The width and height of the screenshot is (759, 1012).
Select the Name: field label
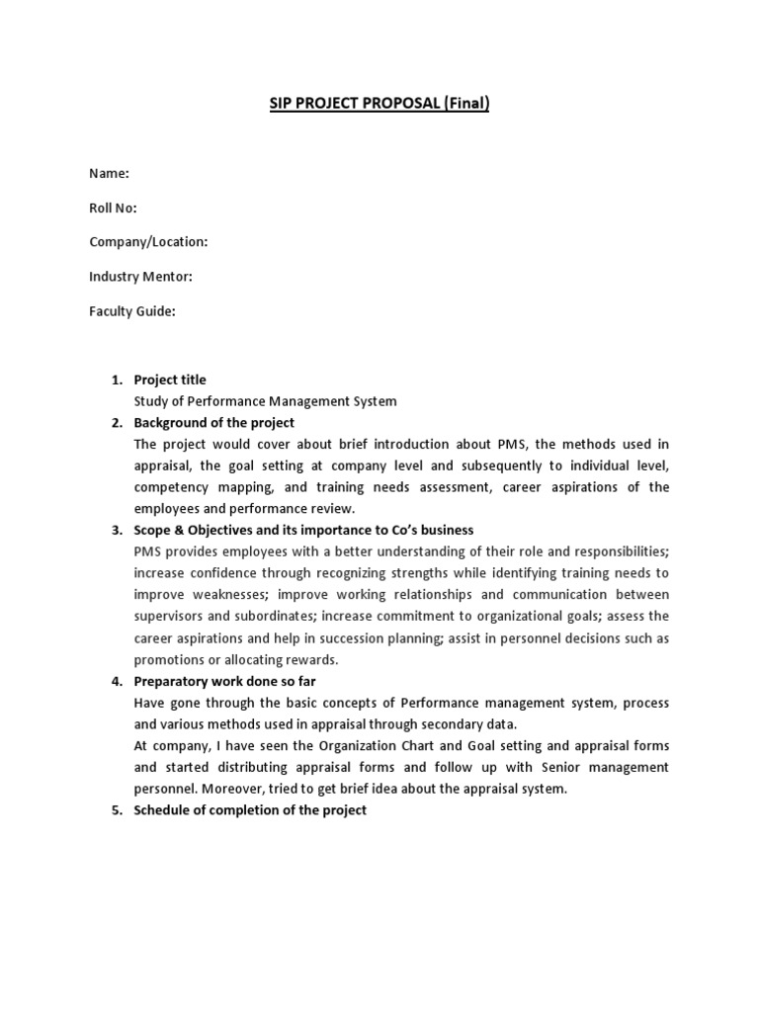109,174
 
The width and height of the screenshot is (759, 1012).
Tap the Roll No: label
113,209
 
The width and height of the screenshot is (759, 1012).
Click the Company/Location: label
148,242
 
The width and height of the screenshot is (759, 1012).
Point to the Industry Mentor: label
140,277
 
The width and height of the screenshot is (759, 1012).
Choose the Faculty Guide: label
131,311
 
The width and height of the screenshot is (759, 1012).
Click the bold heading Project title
170,380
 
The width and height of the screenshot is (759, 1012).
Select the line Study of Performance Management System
265,401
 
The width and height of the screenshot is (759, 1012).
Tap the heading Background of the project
214,423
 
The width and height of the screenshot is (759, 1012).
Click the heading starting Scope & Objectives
303,531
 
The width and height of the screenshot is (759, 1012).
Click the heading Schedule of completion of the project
250,810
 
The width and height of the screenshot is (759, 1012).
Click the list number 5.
115,810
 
